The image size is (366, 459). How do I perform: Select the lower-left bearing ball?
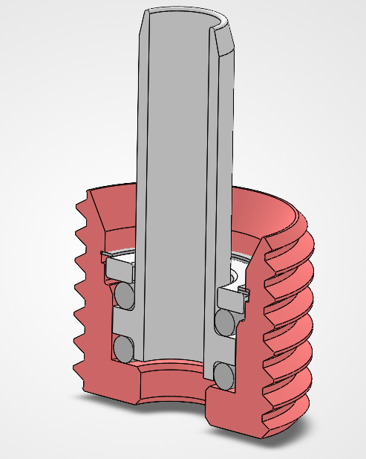point(124,347)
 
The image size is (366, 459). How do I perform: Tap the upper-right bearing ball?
point(223,322)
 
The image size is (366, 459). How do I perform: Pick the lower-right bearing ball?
point(223,374)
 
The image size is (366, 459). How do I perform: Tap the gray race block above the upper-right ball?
point(230,298)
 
